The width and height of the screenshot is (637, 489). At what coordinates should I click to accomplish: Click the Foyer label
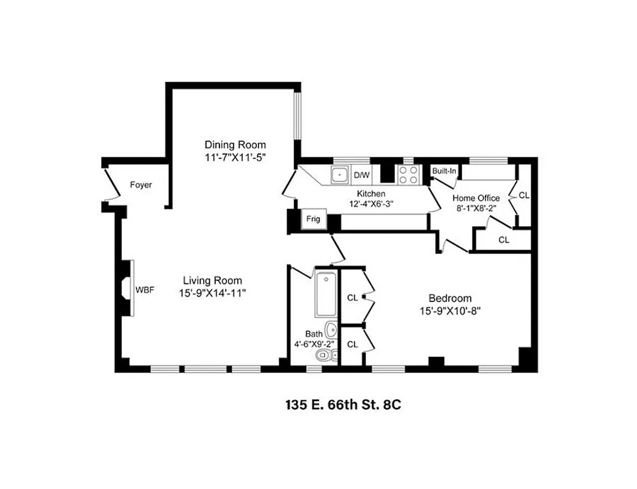(141, 185)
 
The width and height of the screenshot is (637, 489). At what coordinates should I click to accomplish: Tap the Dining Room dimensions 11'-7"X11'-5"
(235, 156)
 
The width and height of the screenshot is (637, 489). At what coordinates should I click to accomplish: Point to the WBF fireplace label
(145, 290)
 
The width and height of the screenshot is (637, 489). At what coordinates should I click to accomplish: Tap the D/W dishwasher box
(362, 175)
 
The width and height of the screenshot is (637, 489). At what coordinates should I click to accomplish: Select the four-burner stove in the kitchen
(408, 175)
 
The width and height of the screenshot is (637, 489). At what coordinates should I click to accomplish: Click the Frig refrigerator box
(313, 219)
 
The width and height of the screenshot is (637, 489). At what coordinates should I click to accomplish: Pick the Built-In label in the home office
(444, 171)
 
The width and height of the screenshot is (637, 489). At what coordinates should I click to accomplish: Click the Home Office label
(476, 198)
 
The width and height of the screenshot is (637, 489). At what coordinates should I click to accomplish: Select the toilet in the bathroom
(324, 355)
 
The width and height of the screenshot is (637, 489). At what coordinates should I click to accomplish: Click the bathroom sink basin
(330, 330)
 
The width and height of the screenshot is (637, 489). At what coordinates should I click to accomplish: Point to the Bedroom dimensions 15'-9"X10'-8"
(450, 310)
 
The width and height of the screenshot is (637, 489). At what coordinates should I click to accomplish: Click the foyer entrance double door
(111, 185)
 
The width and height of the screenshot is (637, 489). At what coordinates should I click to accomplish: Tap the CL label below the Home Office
(503, 240)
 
